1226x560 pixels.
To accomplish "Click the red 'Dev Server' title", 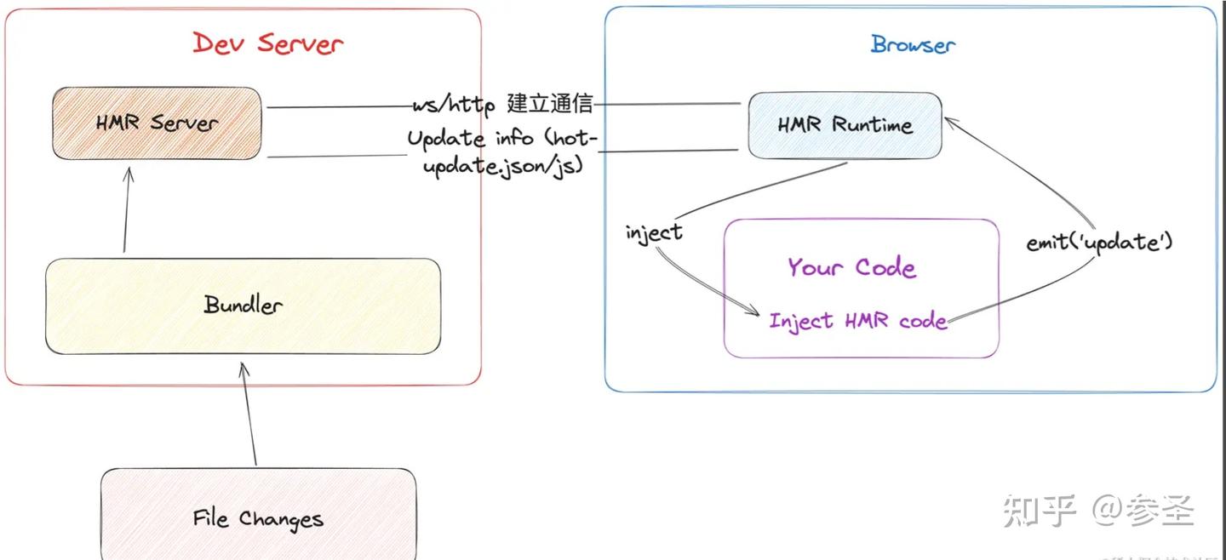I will coord(267,43).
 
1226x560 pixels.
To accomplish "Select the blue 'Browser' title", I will coord(912,45).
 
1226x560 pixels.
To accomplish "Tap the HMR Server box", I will coord(157,123).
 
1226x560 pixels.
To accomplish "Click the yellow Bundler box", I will coord(243,306).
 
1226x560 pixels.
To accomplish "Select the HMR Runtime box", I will coord(845,125).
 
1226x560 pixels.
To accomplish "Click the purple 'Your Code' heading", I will coord(851,267).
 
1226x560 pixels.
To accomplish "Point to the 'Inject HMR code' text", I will coord(857,321).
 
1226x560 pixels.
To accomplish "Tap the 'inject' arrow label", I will coord(654,232).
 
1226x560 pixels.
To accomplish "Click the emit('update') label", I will coord(1099,242).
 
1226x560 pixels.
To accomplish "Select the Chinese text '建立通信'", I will coord(550,106).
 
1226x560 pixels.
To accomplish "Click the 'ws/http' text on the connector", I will coord(453,107).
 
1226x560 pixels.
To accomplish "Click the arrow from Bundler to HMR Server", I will coord(126,209).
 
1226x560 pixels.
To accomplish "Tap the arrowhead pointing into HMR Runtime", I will coord(949,124).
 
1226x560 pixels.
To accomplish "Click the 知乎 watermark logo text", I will coord(1040,511).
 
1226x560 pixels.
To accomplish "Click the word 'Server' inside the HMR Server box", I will coord(184,123).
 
